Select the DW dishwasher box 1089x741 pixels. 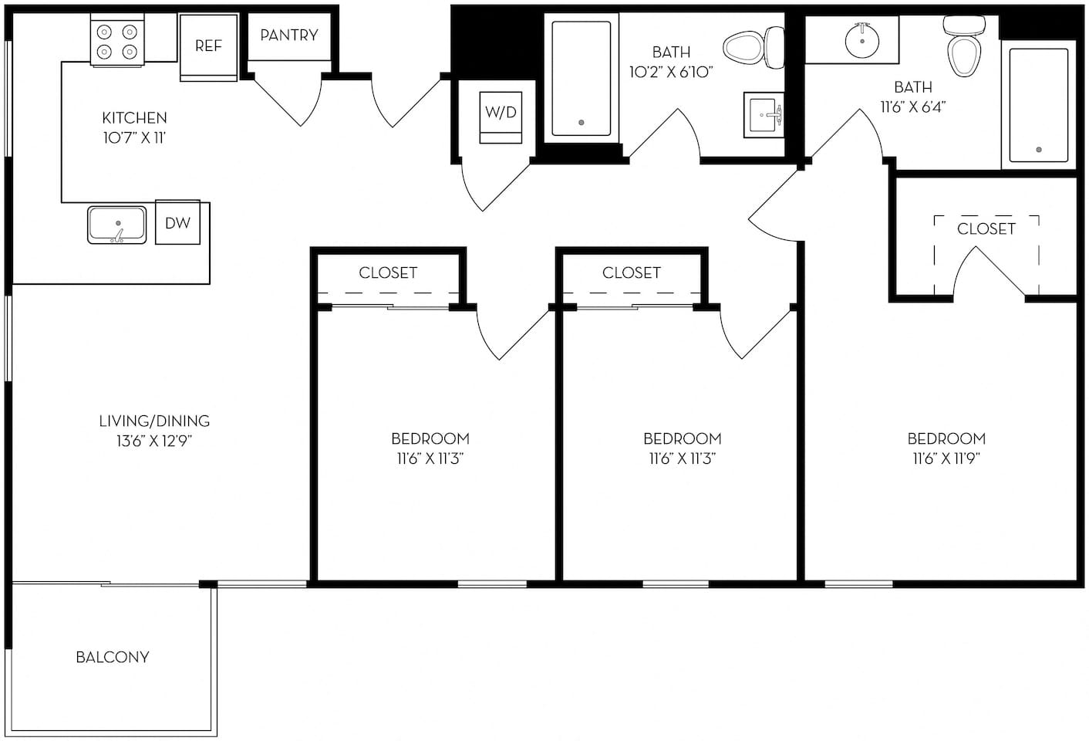[x=177, y=223]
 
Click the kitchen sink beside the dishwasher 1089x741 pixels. [x=116, y=225]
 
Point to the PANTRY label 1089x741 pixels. [x=289, y=36]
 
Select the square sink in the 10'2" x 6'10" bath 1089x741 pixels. [x=764, y=116]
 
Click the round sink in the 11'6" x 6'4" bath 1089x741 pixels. [x=861, y=39]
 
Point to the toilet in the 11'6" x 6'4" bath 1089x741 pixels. [x=962, y=48]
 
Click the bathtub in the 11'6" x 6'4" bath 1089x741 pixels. [x=1038, y=105]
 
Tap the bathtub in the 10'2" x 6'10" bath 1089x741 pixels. [x=581, y=79]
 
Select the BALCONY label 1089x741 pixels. [x=113, y=657]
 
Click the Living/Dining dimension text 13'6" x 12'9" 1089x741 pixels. [x=154, y=442]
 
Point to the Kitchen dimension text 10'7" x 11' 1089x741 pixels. [x=134, y=138]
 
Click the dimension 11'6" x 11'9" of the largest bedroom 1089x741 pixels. [x=946, y=458]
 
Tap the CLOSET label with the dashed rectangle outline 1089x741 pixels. [x=986, y=229]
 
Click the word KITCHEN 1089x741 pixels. [x=134, y=118]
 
